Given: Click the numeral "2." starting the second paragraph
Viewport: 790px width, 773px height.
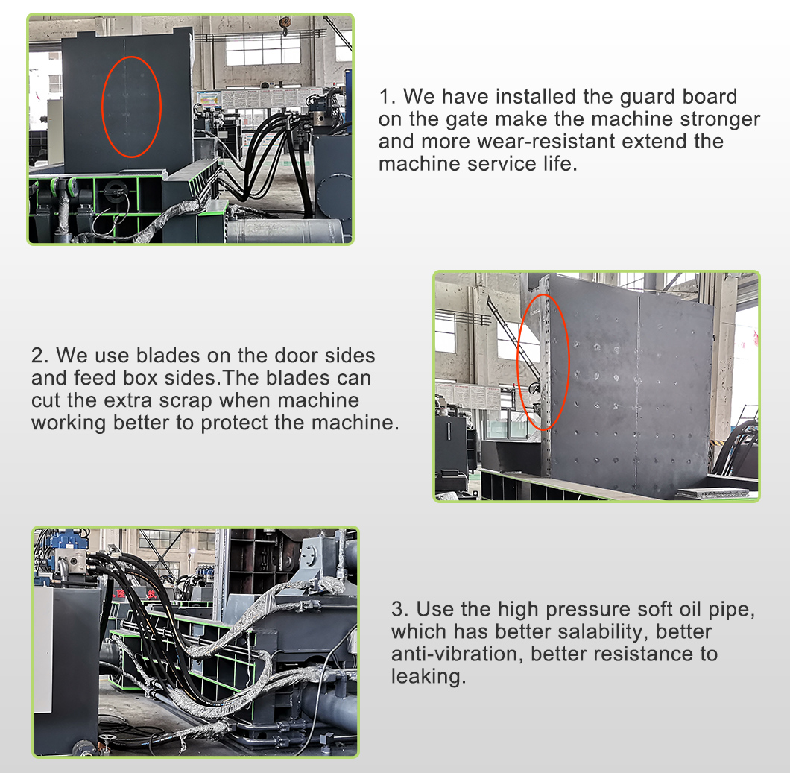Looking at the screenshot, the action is [40, 356].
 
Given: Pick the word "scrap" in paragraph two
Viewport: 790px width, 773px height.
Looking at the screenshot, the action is [186, 401].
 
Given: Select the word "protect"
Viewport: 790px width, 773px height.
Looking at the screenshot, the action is [235, 423].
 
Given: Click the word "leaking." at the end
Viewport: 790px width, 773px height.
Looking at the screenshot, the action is [429, 677].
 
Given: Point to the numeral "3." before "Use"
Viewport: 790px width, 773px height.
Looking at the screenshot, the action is [400, 610].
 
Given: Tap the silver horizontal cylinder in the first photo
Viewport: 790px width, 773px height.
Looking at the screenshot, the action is [288, 231].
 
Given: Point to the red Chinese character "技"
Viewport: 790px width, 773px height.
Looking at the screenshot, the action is [151, 595].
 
